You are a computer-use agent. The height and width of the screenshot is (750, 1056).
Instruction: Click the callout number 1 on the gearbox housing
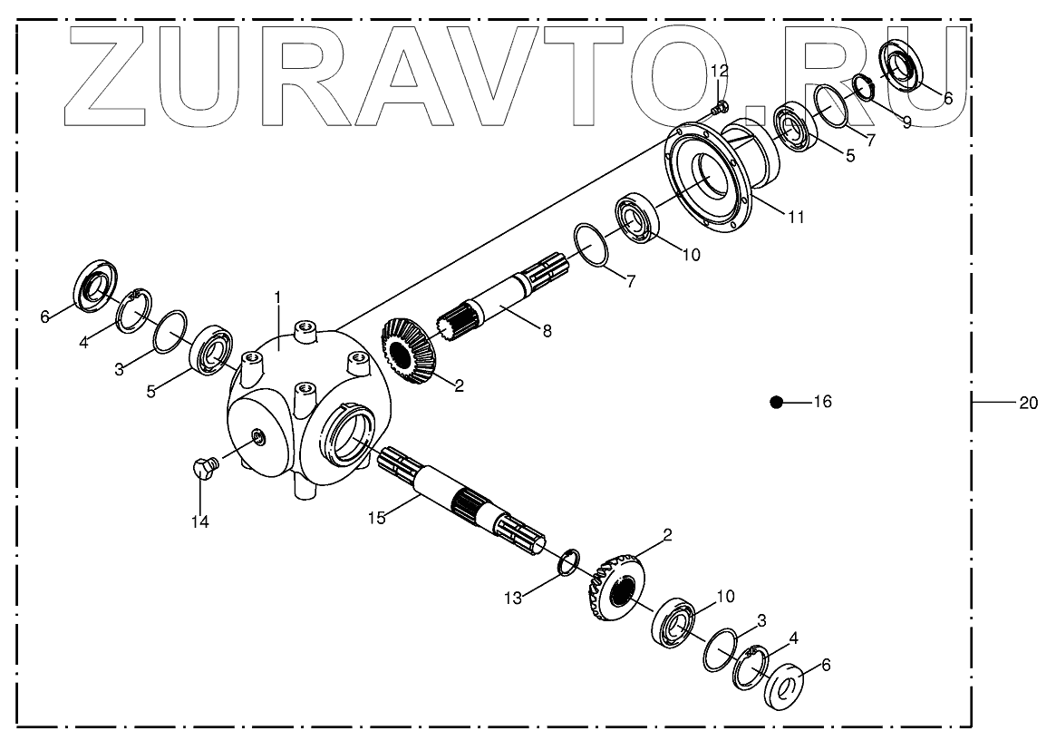[278, 297]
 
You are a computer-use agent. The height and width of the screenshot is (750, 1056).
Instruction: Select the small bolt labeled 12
[719, 108]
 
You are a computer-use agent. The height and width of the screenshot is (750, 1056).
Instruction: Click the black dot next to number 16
[776, 402]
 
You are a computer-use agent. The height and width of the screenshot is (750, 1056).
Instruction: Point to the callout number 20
[1027, 403]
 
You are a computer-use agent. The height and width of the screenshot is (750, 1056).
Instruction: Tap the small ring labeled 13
[566, 563]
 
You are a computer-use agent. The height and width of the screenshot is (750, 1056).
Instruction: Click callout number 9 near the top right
[906, 122]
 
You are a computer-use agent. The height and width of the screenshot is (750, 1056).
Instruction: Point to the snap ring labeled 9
[864, 88]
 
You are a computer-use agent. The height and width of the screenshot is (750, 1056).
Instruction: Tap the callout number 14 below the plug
[199, 521]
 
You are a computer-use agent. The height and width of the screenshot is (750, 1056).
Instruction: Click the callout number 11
[796, 218]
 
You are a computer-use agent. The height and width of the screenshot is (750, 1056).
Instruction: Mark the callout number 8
[546, 332]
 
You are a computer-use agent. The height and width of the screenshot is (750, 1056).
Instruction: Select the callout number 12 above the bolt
[719, 71]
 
